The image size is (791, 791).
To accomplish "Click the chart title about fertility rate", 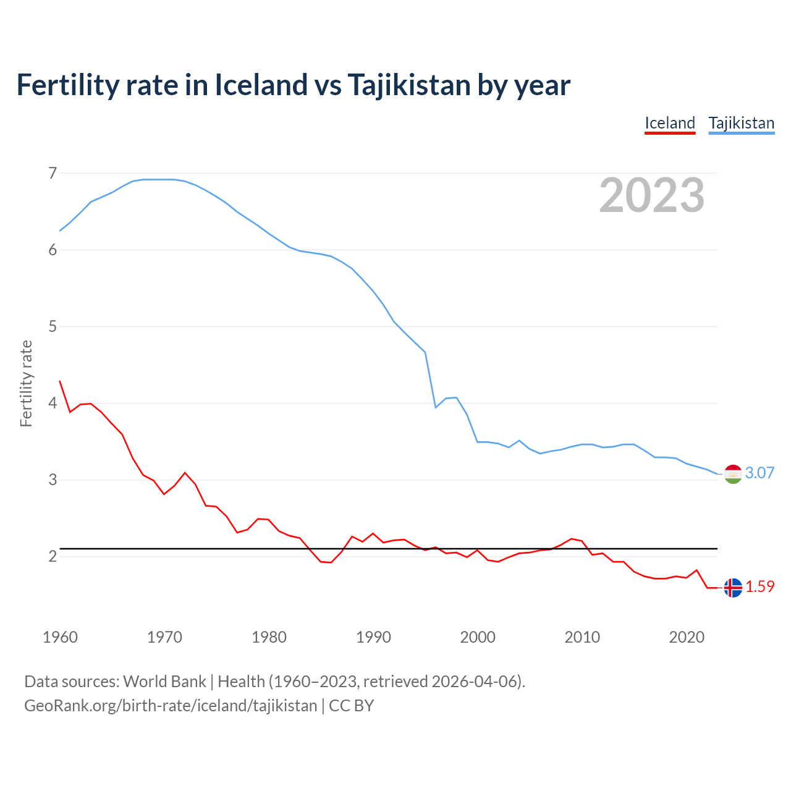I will coord(293,85).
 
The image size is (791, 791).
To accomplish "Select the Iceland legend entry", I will coord(670,123).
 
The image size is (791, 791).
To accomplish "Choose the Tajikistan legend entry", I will coord(741,123).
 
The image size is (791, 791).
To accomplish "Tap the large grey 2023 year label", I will coord(652,195).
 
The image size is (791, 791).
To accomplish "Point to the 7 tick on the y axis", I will coord(53,173).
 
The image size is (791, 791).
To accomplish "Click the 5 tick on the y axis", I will coord(53,326).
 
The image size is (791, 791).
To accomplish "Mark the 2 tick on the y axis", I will coord(53,556).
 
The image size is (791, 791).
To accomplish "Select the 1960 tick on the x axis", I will coord(60,637).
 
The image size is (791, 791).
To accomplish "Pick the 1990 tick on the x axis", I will coord(373,637).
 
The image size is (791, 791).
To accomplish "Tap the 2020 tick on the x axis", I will coord(687,637).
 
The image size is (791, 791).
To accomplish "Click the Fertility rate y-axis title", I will coord(26,383).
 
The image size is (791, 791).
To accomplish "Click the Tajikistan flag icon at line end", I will coord(733,474).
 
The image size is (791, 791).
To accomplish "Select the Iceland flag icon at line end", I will coord(733,588).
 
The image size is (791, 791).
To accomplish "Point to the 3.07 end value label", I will coord(759,473).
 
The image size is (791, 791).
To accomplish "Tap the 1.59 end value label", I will coord(759,587).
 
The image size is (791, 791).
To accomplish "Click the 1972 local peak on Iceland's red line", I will coord(185,473).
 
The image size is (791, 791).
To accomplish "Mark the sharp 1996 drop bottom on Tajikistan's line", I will coord(436,407).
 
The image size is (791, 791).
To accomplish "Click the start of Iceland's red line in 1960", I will coord(60,381).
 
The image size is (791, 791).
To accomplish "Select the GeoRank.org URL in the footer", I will coord(171,706).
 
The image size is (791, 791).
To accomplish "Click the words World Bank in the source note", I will coord(164,682).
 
